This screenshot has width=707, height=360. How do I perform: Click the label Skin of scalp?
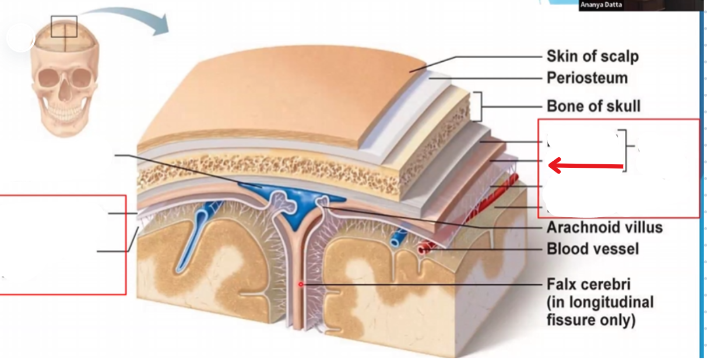(592, 57)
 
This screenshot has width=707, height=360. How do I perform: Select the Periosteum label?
(587, 78)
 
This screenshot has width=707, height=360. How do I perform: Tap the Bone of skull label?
(593, 106)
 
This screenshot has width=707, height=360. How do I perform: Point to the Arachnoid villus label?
(604, 227)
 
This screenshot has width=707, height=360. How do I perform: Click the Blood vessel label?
(592, 249)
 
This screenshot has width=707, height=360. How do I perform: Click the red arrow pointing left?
(586, 167)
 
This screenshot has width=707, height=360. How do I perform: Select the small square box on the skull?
(64, 26)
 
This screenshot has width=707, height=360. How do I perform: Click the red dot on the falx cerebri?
(301, 284)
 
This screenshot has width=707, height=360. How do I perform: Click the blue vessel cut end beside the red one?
(398, 238)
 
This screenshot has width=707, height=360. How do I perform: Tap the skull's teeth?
(65, 110)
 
